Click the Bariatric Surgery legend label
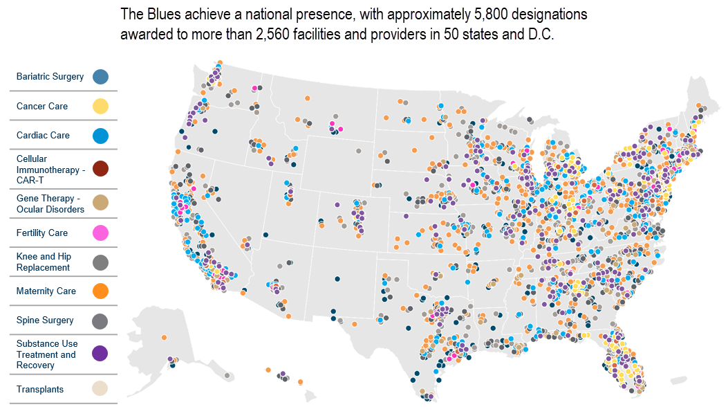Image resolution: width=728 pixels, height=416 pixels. pyautogui.click(x=50, y=77)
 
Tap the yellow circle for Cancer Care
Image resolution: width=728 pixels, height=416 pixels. pyautogui.click(x=100, y=106)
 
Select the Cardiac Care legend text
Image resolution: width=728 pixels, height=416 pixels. pyautogui.click(x=43, y=136)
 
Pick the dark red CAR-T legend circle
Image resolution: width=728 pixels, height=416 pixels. pyautogui.click(x=100, y=169)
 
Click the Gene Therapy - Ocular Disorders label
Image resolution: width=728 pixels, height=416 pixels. pyautogui.click(x=50, y=204)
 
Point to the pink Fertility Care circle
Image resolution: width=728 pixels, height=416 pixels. pyautogui.click(x=100, y=233)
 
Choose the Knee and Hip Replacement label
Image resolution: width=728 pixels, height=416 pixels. pyautogui.click(x=44, y=262)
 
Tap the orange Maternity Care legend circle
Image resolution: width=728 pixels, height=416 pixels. pyautogui.click(x=100, y=291)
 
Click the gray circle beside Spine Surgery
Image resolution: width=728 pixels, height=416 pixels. pyautogui.click(x=100, y=320)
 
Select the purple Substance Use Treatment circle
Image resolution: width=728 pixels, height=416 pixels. pyautogui.click(x=100, y=354)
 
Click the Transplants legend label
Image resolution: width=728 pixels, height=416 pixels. pyautogui.click(x=40, y=390)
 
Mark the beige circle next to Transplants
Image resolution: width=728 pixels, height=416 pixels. pyautogui.click(x=100, y=389)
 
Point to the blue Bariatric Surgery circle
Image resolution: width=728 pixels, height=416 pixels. pyautogui.click(x=100, y=77)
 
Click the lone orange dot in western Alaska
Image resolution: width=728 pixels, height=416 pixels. pyautogui.click(x=164, y=337)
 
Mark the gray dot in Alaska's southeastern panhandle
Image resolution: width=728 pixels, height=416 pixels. pyautogui.click(x=227, y=375)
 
